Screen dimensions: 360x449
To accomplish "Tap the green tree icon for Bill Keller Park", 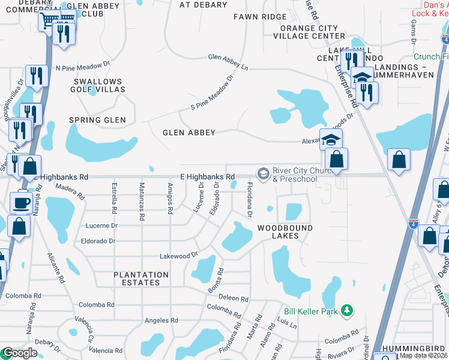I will [x=346, y=310].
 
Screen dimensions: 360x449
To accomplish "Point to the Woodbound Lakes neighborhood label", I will [x=285, y=232].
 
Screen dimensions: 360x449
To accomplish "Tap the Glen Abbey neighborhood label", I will [x=189, y=133].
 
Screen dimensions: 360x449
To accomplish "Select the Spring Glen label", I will [x=98, y=120].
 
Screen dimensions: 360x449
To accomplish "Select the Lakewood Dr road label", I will [x=178, y=256].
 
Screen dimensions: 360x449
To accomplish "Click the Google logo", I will [x=19, y=353].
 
